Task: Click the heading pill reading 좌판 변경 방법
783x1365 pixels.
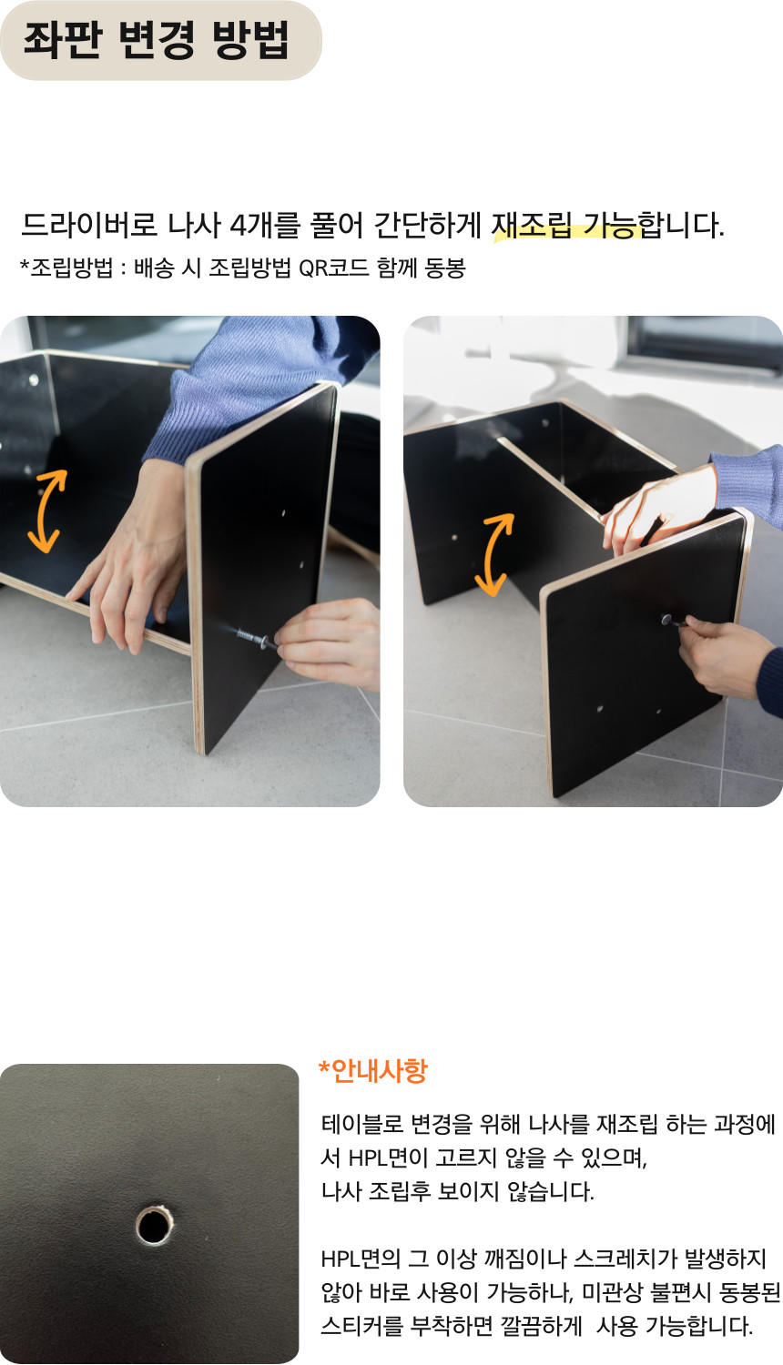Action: (160, 40)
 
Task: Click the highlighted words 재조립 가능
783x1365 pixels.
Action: (567, 225)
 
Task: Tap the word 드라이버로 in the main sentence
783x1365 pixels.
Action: (89, 225)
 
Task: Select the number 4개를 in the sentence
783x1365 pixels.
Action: (265, 225)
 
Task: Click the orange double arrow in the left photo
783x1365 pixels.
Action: (47, 511)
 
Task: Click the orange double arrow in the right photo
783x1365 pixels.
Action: (494, 554)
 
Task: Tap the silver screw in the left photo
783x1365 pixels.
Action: (254, 638)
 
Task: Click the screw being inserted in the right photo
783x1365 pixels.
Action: (673, 621)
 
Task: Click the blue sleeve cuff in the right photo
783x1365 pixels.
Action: (747, 484)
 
